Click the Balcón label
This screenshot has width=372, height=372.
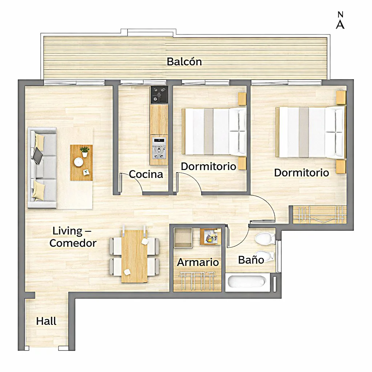click(184, 62)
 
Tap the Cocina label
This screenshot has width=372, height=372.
click(146, 174)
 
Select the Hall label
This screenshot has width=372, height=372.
click(46, 321)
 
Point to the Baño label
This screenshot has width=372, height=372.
click(251, 260)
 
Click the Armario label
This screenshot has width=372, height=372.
click(198, 262)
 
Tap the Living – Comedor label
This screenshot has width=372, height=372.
click(73, 237)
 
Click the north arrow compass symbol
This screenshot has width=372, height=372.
click(340, 20)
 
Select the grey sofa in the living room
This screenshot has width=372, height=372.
click(42, 168)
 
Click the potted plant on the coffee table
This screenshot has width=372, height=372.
click(84, 151)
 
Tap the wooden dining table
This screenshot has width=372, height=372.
click(134, 256)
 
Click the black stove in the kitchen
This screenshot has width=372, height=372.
click(159, 94)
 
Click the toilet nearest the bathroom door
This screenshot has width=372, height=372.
click(265, 238)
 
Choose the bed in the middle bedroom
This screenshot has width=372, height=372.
click(214, 131)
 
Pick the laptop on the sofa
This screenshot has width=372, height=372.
click(37, 156)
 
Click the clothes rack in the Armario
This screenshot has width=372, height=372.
click(197, 281)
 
